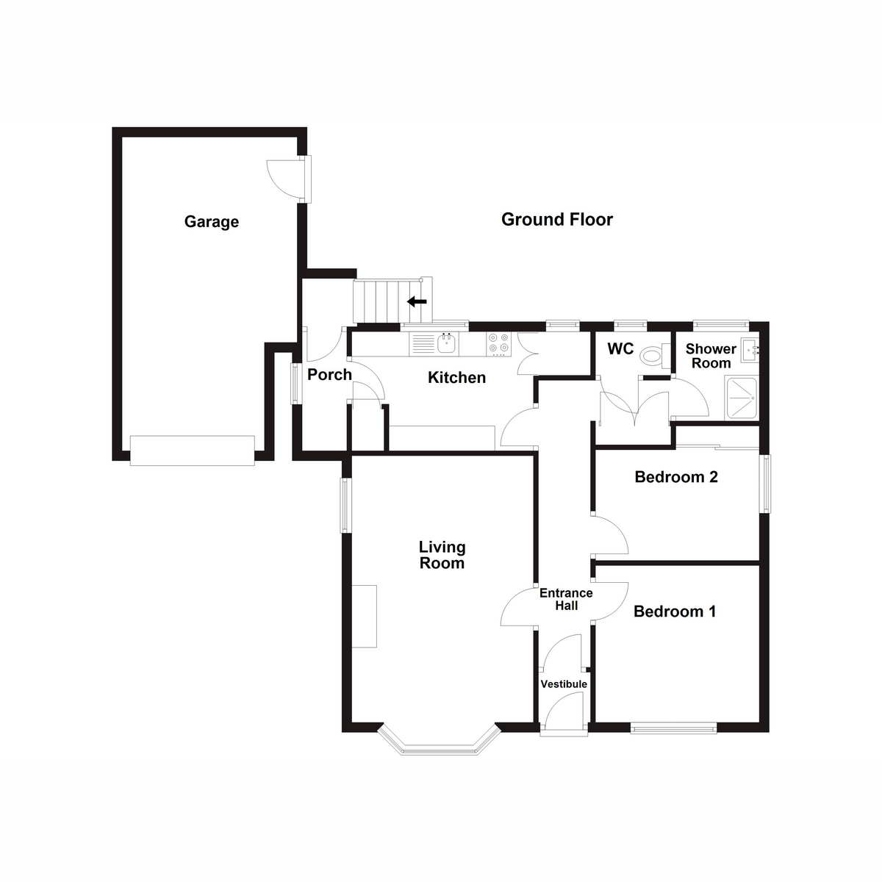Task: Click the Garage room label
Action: coord(212,222)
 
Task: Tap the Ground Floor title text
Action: coord(557,220)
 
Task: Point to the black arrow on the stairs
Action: coord(417,301)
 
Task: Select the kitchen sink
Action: coord(446,343)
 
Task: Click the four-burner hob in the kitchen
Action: coord(498,345)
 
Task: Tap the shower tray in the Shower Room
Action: coord(742,398)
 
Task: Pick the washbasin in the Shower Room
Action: coord(750,351)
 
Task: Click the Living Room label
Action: coord(442,555)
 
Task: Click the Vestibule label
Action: coord(564,684)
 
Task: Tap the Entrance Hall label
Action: coord(566,599)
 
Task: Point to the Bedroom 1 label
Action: coord(675,612)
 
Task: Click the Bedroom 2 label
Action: coord(676,477)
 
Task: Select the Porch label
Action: coord(329,374)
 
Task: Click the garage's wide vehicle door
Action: coord(193,451)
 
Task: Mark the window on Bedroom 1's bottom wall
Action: coord(674,728)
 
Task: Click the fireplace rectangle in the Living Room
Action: coord(364,616)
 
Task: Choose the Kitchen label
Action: coord(456,378)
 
